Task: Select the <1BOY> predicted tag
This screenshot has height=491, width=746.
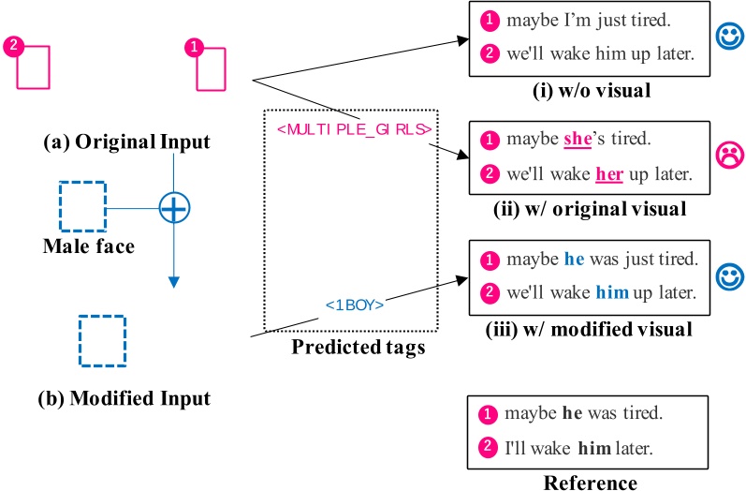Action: coord(355,305)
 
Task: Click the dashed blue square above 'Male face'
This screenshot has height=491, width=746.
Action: coord(81,206)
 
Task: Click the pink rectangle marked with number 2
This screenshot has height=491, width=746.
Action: coord(33,67)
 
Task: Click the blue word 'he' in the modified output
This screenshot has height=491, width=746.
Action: coord(575,259)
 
